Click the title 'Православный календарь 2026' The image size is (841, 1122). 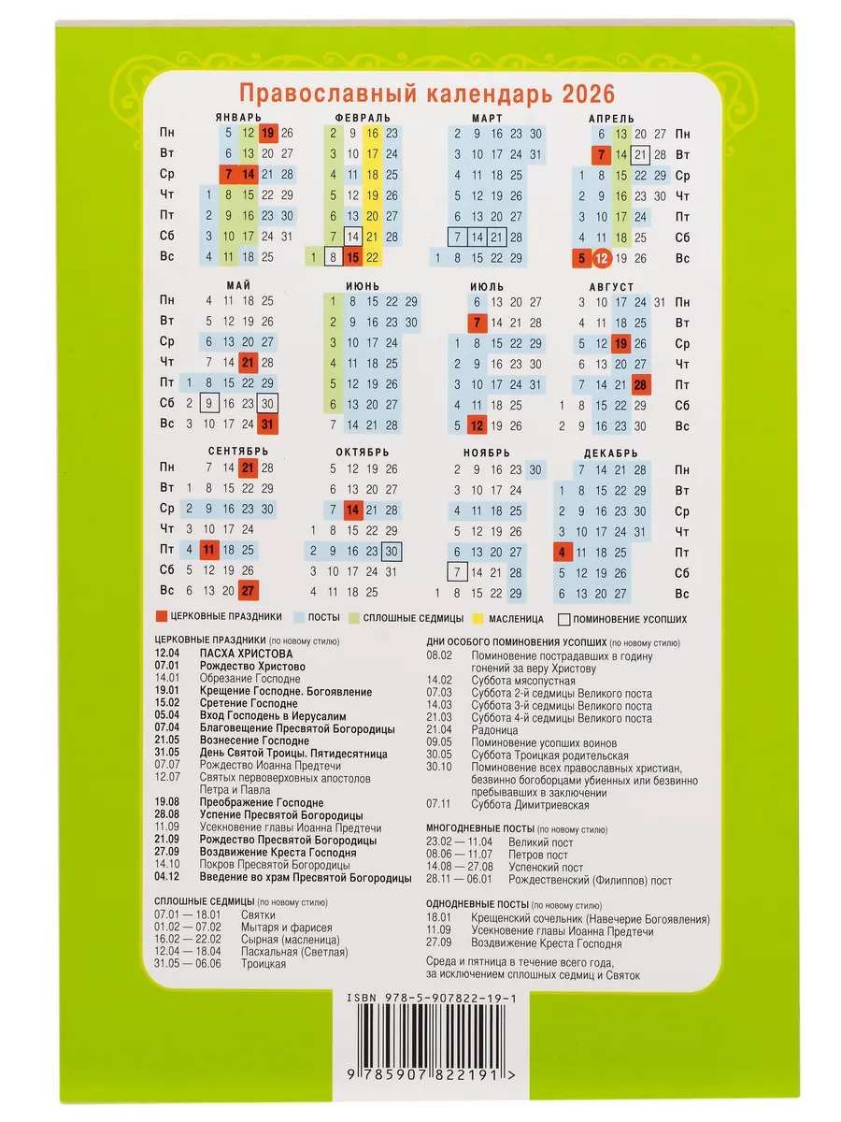(x=427, y=93)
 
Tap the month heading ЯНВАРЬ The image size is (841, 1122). (x=231, y=118)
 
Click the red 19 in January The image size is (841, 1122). (x=268, y=133)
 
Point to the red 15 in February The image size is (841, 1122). (x=352, y=257)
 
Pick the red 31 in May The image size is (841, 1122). (x=268, y=424)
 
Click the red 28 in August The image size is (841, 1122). (x=641, y=383)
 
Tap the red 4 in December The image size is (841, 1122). (x=562, y=552)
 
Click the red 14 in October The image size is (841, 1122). (x=352, y=510)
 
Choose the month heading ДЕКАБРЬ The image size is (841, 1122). (x=611, y=453)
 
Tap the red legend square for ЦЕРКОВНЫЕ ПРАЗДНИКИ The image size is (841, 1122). (x=161, y=618)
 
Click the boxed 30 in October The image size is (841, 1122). (x=392, y=551)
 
